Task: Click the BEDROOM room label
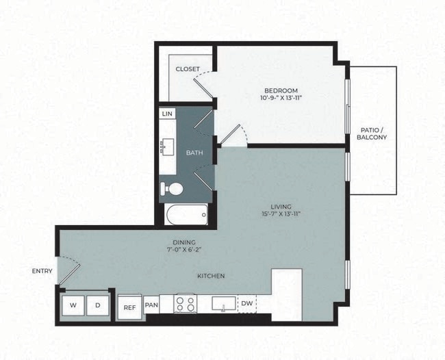coord(281,91)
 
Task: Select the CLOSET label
coord(188,69)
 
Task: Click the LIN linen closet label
coord(166,114)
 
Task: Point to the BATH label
coord(194,153)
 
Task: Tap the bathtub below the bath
coord(187,215)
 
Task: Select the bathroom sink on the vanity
coord(166,146)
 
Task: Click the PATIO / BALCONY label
coord(372,133)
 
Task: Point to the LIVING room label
coord(281,206)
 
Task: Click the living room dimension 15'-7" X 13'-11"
coord(281,214)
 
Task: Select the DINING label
coord(184,242)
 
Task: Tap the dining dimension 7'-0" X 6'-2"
coord(184,250)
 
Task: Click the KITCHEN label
coord(211,276)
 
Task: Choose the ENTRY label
coord(42,271)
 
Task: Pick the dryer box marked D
coord(98,305)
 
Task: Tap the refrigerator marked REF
coord(129,308)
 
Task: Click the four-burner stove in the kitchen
coord(185,303)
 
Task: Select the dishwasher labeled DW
coord(246,303)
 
